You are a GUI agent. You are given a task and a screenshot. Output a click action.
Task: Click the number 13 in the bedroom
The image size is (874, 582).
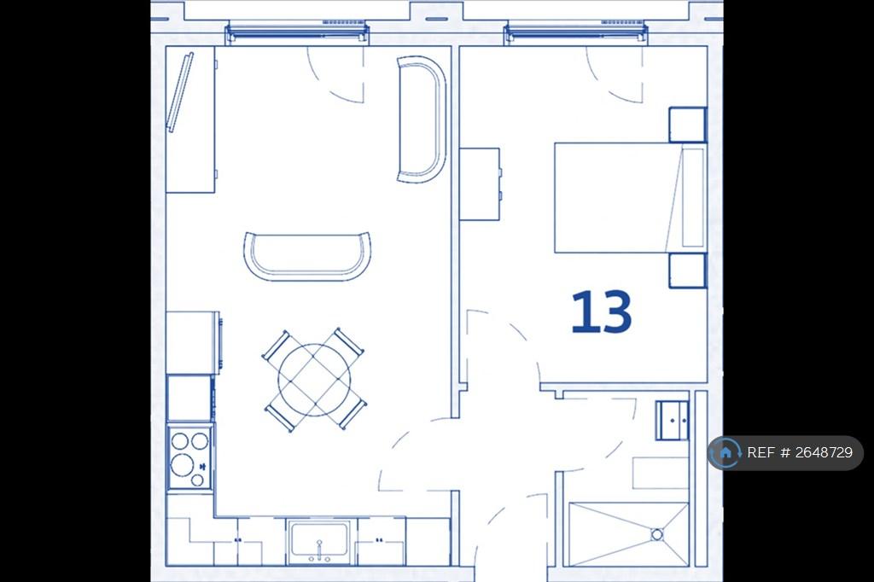point(602,311)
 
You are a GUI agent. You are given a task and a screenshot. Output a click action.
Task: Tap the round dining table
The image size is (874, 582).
point(315,381)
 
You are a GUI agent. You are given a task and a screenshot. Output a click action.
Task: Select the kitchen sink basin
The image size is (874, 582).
point(318,541)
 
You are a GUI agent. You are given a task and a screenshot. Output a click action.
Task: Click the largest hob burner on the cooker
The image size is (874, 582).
point(182,464)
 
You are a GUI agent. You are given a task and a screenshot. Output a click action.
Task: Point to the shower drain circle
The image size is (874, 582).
point(657,534)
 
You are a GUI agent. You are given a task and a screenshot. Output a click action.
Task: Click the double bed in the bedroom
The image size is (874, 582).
point(631,198)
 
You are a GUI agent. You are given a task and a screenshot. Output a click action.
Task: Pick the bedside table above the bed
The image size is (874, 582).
point(688,125)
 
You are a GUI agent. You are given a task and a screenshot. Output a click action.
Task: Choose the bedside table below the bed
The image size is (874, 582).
point(688,271)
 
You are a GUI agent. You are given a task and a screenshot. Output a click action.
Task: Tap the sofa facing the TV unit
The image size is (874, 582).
point(422,119)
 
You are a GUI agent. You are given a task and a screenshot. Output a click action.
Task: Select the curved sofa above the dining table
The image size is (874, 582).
point(307,256)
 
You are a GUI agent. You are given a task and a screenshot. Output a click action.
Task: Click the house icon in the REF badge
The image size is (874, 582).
point(725,452)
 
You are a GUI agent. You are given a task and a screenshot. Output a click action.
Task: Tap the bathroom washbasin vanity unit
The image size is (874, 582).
point(673,421)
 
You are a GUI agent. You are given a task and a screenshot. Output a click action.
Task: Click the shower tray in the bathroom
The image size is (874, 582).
point(629,534)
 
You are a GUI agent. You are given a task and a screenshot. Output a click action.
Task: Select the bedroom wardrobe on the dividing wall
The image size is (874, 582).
point(480,184)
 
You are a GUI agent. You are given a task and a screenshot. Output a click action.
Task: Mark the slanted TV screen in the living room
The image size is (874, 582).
point(181,92)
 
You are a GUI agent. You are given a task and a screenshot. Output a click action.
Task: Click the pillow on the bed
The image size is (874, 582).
point(692,198)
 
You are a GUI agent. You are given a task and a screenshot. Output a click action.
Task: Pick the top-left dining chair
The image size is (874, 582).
point(277,346)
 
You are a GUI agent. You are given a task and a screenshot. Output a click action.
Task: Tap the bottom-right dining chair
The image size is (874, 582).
point(353,414)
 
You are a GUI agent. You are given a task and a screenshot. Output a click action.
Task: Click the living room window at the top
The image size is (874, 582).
point(296,32)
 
